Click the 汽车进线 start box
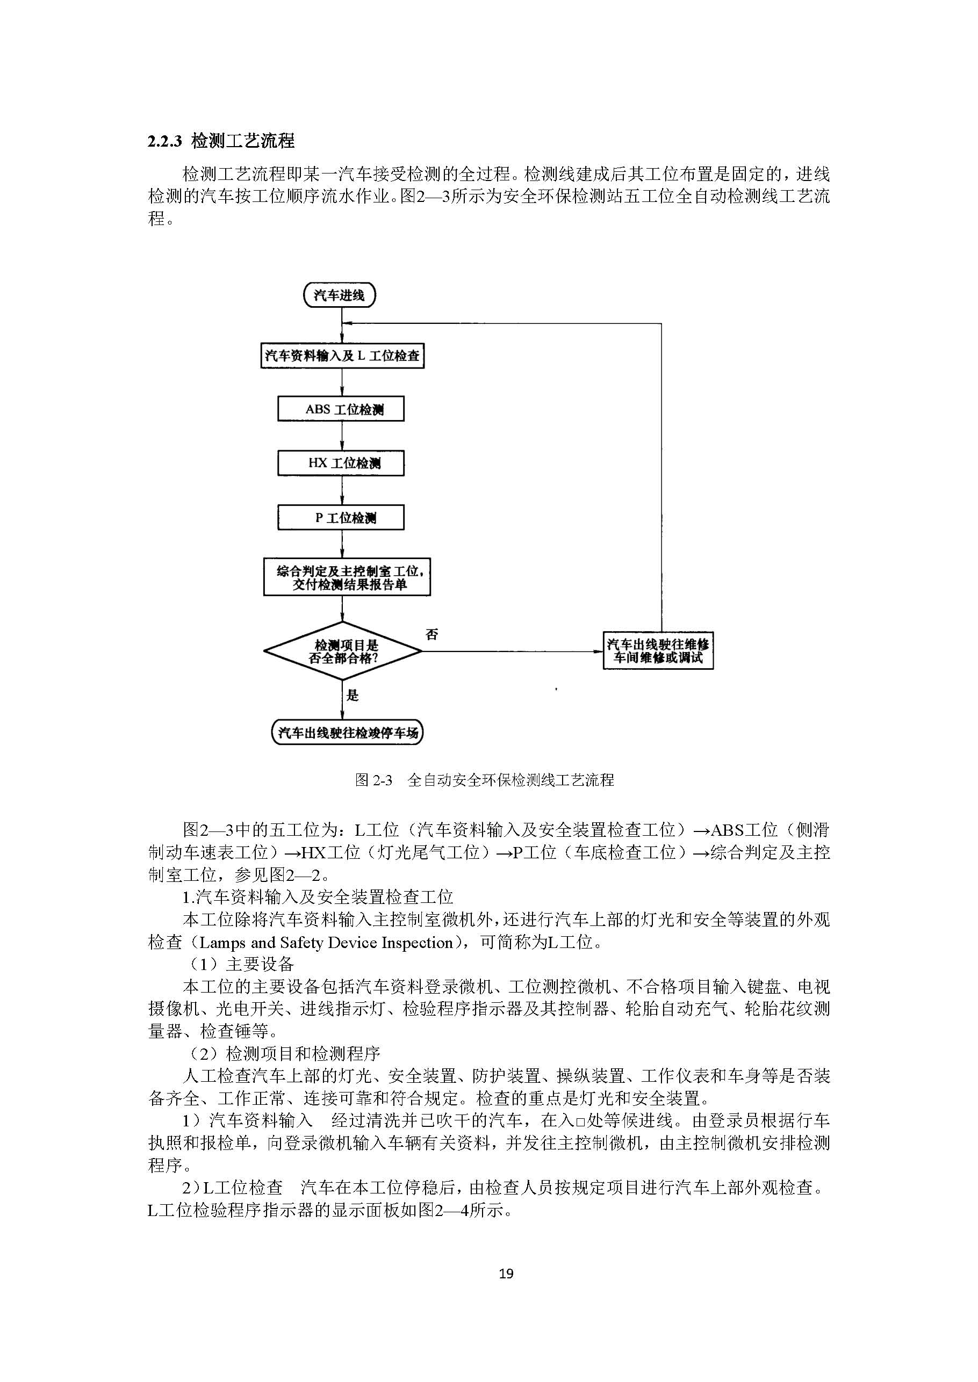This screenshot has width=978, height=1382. pyautogui.click(x=339, y=295)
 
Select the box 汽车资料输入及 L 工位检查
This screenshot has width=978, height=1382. pyautogui.click(x=342, y=356)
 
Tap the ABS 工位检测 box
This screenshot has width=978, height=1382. pyautogui.click(x=341, y=409)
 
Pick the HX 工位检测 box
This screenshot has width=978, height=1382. pyautogui.click(x=341, y=464)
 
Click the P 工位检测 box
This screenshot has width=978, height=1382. pyautogui.click(x=341, y=518)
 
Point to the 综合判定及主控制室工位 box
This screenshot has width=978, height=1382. pyautogui.click(x=347, y=577)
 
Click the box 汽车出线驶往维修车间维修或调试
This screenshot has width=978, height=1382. pyautogui.click(x=658, y=650)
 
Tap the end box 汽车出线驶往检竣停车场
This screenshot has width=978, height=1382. pyautogui.click(x=348, y=733)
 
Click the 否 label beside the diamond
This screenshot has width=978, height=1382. pyautogui.click(x=432, y=634)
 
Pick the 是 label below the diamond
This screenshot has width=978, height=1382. pyautogui.click(x=353, y=696)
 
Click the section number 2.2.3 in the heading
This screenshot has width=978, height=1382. pyautogui.click(x=164, y=141)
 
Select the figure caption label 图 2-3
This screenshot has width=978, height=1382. pyautogui.click(x=373, y=780)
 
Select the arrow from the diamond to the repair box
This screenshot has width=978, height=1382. pyautogui.click(x=512, y=652)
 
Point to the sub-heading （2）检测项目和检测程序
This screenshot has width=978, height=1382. pyautogui.click(x=284, y=1053)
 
